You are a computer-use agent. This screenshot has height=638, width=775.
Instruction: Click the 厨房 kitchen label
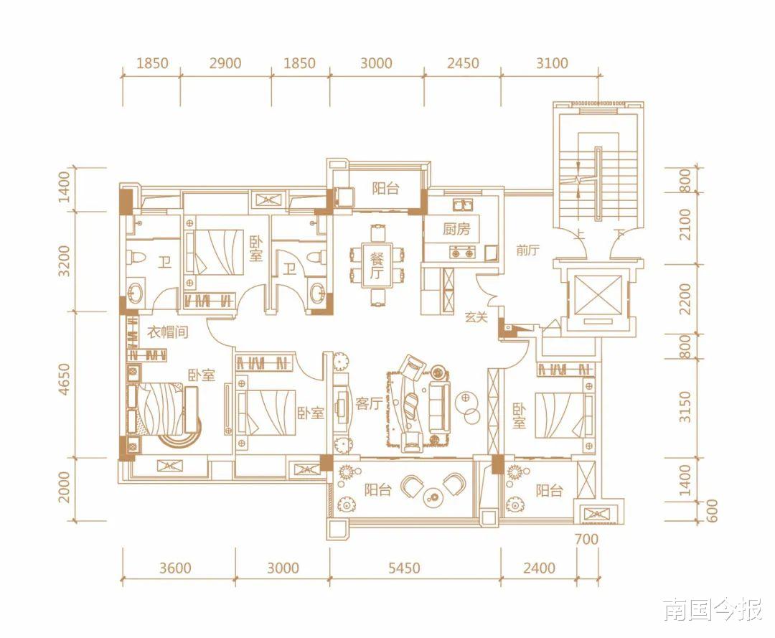tap(456, 230)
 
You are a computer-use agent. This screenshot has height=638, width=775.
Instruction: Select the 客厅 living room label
tap(369, 404)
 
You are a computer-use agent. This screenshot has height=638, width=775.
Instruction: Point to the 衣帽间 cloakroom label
tap(167, 332)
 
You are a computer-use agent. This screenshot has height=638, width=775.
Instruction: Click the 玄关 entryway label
tap(476, 316)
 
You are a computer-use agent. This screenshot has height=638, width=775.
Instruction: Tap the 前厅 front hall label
tap(527, 250)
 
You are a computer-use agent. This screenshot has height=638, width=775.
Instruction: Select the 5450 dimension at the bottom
tap(404, 568)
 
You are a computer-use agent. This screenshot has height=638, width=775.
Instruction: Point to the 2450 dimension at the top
tap(463, 63)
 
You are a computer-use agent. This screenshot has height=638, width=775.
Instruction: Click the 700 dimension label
tap(587, 539)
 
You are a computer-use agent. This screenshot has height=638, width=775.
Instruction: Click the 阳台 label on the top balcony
tap(385, 188)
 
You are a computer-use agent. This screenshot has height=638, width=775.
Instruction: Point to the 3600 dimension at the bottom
tap(175, 568)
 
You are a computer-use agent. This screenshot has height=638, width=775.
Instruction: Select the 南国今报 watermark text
tap(713, 610)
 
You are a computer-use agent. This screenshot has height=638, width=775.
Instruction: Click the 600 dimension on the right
tap(712, 511)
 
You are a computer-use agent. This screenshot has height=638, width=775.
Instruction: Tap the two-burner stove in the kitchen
tap(462, 253)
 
